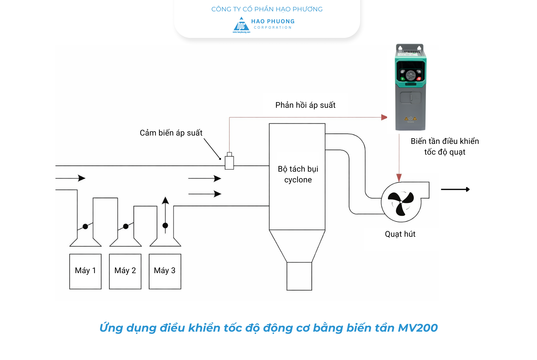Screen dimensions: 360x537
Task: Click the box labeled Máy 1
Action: point(85,271)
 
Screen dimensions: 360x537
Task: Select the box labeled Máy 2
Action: point(125,271)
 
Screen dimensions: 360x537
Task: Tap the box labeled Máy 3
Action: point(165,271)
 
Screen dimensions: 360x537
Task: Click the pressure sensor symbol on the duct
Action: point(229,162)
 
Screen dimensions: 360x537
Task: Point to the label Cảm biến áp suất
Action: point(171,133)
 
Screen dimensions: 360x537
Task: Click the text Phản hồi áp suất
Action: point(305,105)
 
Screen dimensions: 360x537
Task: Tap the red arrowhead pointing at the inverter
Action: point(384,117)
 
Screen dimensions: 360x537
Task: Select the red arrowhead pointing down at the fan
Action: point(399,178)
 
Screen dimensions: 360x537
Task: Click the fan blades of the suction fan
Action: point(401,202)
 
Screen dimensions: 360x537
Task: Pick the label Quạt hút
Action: point(400,234)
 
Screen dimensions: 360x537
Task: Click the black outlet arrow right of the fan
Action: point(455,189)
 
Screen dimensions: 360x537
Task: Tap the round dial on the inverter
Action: point(411,75)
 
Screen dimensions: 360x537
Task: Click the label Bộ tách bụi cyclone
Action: point(298,174)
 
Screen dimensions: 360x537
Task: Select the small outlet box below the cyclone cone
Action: point(299,276)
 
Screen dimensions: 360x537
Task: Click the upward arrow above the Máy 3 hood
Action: point(165,201)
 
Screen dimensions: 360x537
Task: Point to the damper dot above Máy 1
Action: point(85,226)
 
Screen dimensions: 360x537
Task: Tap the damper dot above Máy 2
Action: point(126,226)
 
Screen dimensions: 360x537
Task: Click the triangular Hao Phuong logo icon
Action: point(241,25)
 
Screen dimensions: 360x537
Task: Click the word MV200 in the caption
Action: point(418,328)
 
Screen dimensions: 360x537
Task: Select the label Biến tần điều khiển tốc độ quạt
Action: point(445,147)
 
